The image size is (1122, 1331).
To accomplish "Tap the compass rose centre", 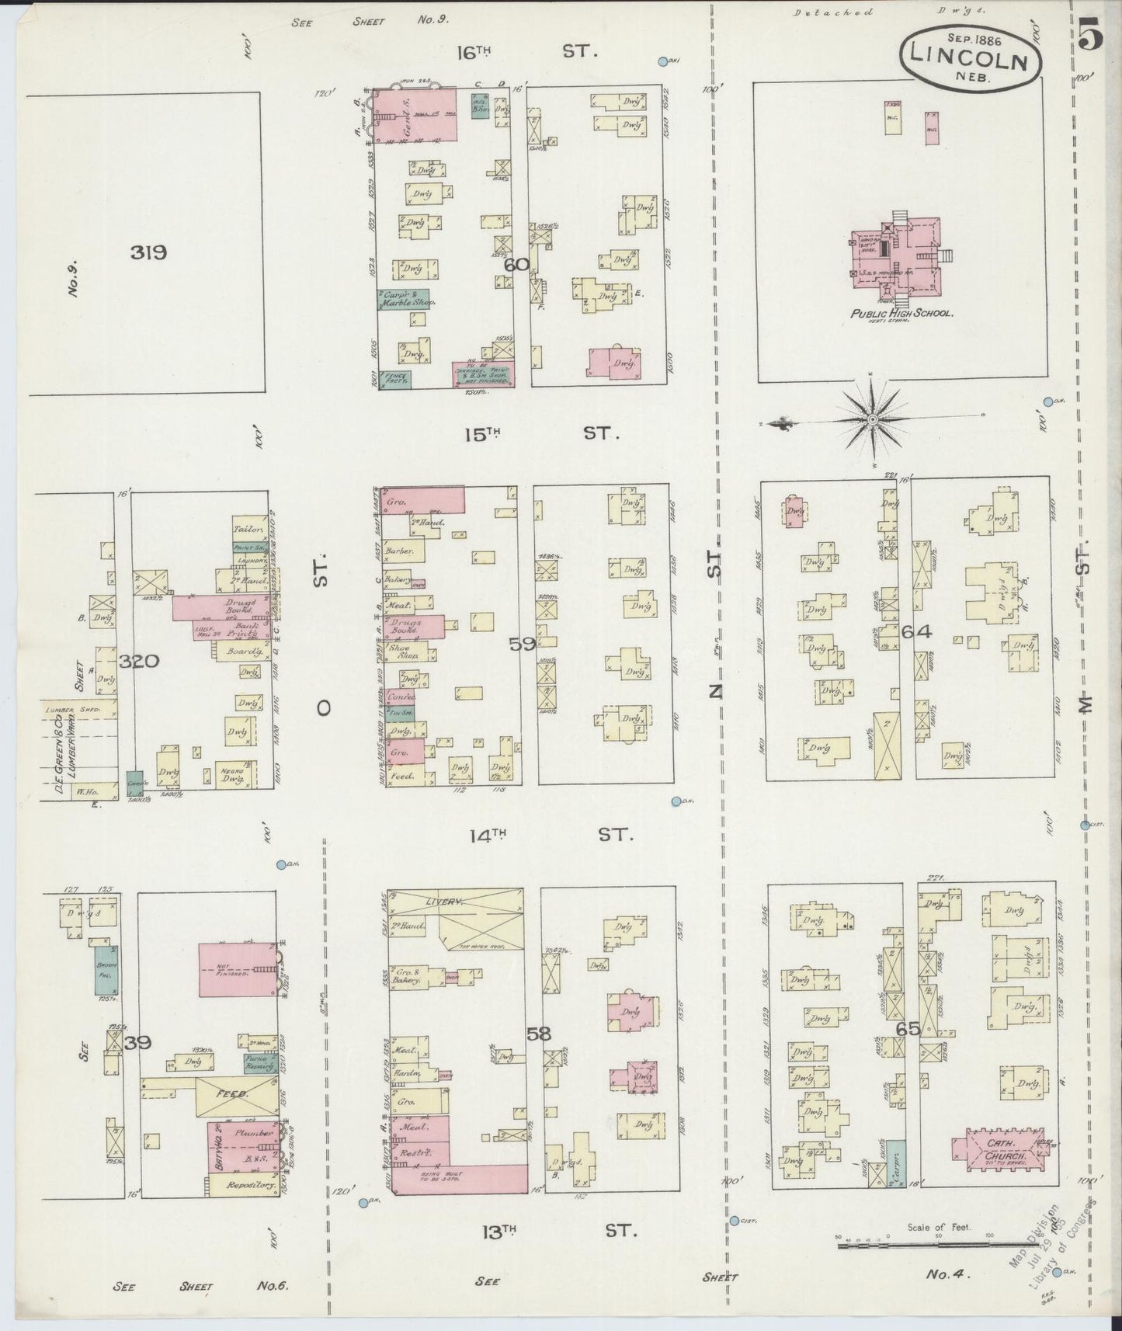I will click(873, 419).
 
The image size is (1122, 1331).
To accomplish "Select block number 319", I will click(149, 252).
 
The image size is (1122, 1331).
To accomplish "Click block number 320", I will click(140, 662).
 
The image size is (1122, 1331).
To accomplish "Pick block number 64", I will click(916, 632).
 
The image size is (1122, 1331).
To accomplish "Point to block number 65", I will click(908, 1030).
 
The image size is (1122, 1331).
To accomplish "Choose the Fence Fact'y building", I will click(395, 380).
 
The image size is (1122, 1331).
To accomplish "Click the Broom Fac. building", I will click(106, 969).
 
